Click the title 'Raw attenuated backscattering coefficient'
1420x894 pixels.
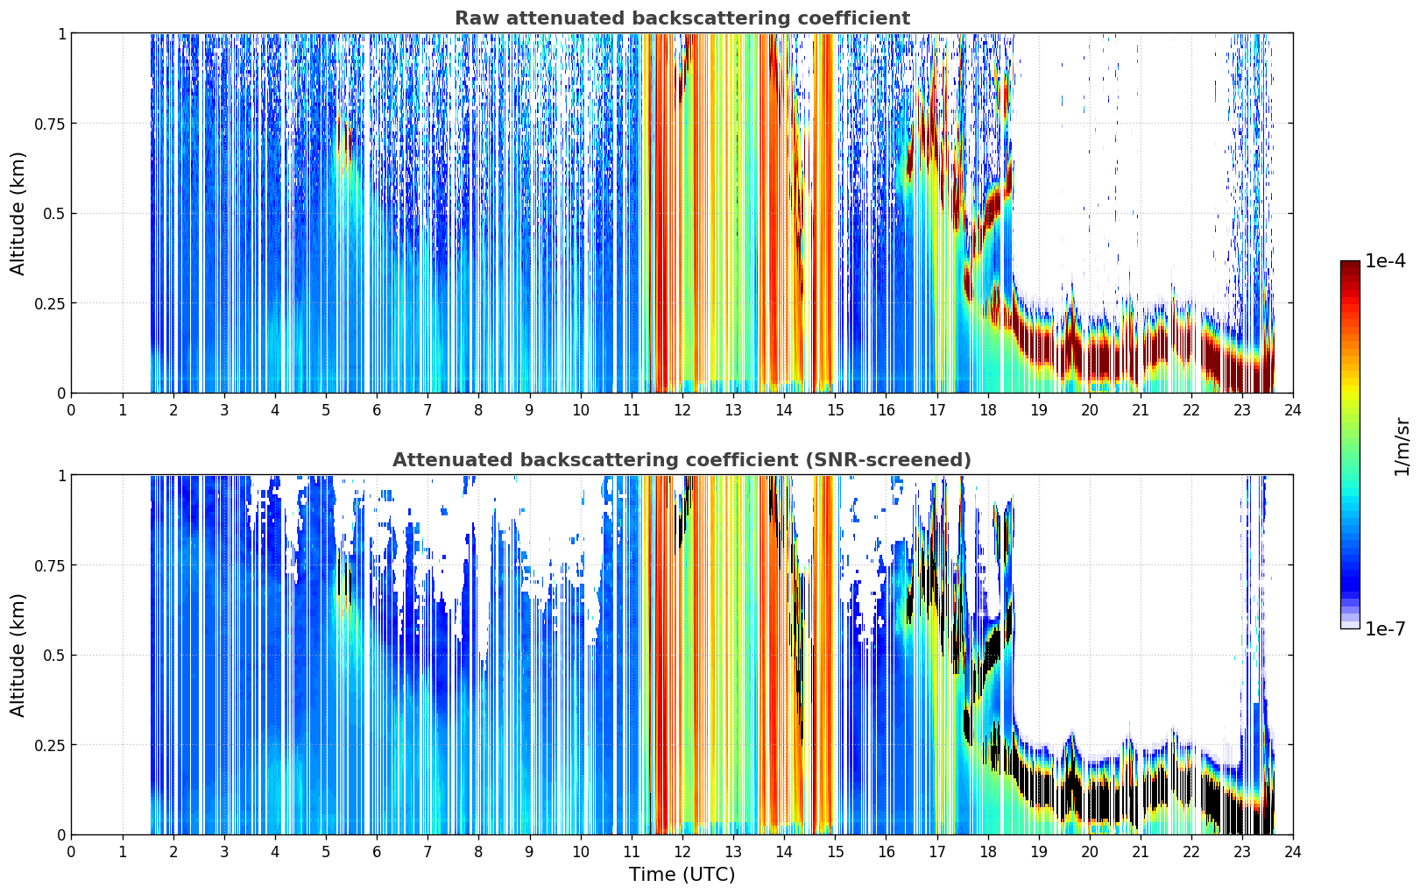(x=682, y=18)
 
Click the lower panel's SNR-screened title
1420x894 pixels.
(x=682, y=459)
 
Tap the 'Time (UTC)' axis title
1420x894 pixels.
(x=682, y=875)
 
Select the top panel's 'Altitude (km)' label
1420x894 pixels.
(x=18, y=214)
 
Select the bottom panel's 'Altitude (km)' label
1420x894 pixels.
(x=18, y=655)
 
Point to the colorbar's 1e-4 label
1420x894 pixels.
(x=1385, y=261)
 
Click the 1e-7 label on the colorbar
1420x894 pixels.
(x=1385, y=629)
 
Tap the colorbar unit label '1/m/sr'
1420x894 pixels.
(x=1402, y=446)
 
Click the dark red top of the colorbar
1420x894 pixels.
(x=1350, y=265)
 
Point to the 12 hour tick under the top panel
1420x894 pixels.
(x=682, y=410)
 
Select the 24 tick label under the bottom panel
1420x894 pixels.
(x=1293, y=852)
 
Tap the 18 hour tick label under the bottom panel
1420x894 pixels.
(x=987, y=852)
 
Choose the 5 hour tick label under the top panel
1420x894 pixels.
(x=326, y=410)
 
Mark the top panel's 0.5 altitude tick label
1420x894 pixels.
(x=54, y=214)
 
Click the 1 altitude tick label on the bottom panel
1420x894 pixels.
(x=62, y=475)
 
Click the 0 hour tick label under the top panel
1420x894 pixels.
(x=71, y=410)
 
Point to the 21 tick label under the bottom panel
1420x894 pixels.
(x=1141, y=852)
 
